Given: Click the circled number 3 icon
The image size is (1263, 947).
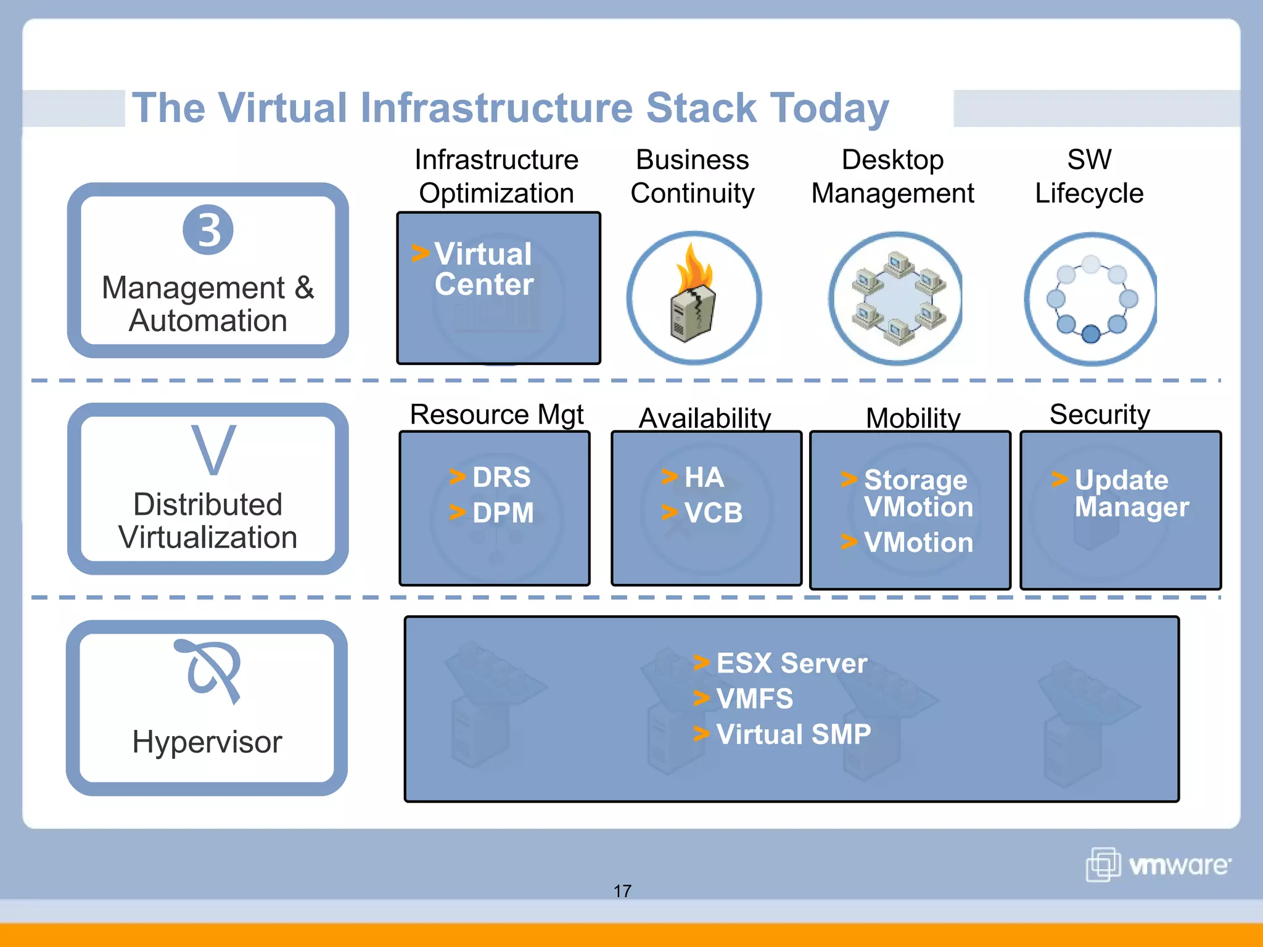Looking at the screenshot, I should coord(208,230).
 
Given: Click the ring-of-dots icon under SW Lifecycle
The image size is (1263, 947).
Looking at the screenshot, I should coord(1090,299).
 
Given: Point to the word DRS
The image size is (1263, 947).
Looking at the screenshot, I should coord(501,477).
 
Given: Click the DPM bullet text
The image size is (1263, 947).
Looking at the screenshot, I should coord(503,513).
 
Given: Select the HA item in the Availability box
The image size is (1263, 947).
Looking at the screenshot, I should coord(704,477).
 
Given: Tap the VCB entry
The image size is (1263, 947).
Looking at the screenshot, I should coord(713,513).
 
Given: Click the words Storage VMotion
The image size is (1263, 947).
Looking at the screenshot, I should coord(918,493).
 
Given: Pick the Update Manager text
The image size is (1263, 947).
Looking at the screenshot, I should coord(1130,493).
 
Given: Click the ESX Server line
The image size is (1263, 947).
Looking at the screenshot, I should coord(791,663).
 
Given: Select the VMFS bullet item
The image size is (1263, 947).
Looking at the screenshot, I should coord(754,699).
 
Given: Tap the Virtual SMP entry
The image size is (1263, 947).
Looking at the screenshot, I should coord(793,734).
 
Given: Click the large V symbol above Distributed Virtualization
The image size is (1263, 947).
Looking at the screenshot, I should coord(213,450).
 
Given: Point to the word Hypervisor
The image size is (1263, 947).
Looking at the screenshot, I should coord(207,742).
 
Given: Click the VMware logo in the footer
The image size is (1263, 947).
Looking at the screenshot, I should coord(1158,865).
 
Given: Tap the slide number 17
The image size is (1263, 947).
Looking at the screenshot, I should coord(622,891).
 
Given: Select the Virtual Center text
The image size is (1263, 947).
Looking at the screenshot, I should coord(483,269).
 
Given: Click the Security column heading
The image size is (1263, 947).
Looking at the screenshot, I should coord(1100,414).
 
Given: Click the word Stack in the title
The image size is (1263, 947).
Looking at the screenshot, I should coord(701,108).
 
